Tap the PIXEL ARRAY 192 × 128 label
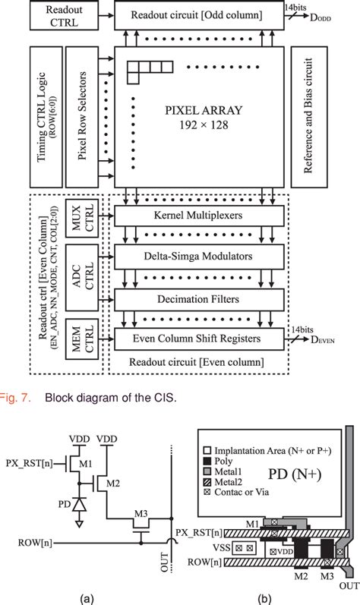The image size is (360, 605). click(x=203, y=115)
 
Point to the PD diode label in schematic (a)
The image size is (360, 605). click(x=65, y=502)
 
